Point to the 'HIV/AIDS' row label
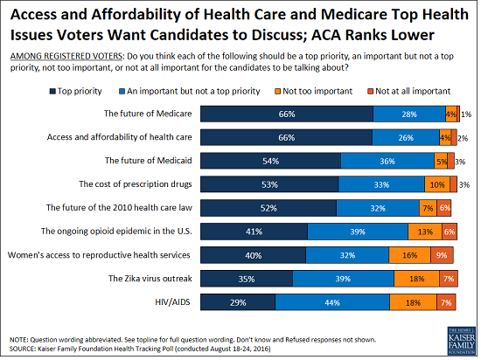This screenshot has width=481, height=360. coord(176,301)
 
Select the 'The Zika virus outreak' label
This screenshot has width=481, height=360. coord(150,278)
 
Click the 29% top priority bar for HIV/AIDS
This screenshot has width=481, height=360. coord(238,301)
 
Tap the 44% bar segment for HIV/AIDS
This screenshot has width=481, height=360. coord(333,301)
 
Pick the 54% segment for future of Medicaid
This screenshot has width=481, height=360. coord(271,160)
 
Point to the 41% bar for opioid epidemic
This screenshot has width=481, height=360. coord(254,231)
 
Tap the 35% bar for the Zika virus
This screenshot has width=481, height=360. coord(247,278)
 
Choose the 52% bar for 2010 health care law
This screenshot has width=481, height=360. coord(268,207)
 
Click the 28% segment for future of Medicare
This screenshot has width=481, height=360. coord(408,113)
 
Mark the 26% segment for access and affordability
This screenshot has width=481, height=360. coord(406,136)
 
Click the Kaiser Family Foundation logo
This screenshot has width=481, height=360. coord(451,339)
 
